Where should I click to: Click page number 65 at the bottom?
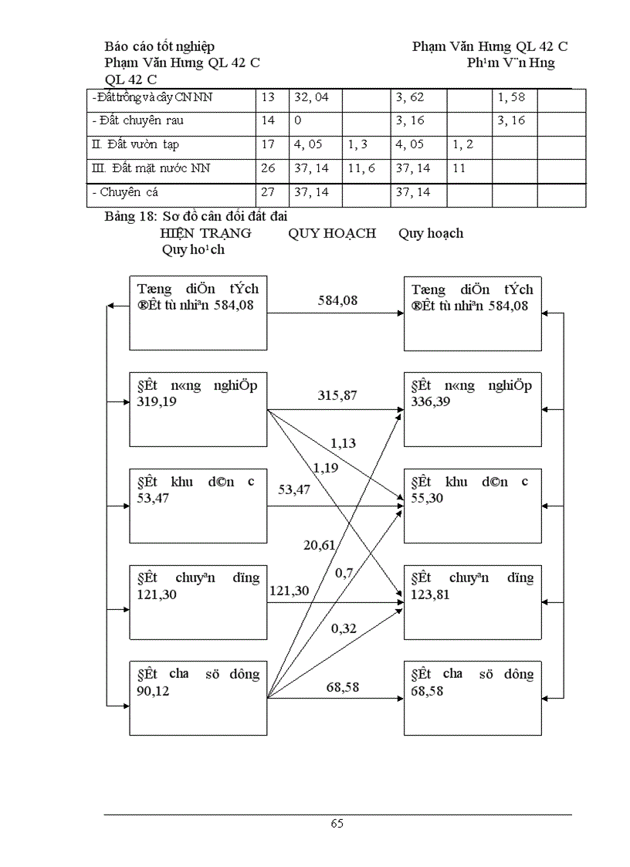click(337, 823)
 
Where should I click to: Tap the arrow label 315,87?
click(337, 395)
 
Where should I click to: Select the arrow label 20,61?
click(319, 545)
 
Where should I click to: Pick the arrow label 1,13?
click(343, 442)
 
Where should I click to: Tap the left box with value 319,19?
click(198, 408)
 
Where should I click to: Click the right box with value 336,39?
click(472, 408)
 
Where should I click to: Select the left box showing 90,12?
click(198, 697)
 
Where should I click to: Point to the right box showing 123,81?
click(472, 601)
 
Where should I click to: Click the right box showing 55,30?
click(472, 505)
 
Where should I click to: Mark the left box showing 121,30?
click(198, 601)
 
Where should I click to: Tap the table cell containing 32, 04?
click(316, 98)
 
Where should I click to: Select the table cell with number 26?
click(268, 168)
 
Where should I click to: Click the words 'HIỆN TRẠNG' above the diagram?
click(205, 233)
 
